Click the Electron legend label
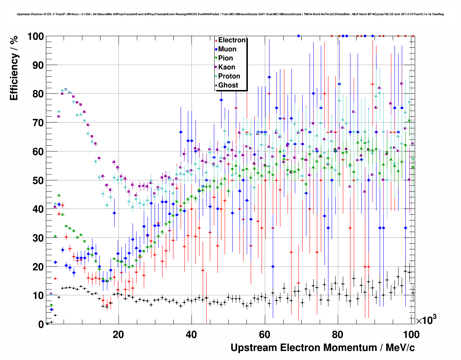(x=232, y=40)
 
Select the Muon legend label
(x=227, y=49)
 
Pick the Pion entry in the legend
(x=225, y=58)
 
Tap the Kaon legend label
(x=227, y=67)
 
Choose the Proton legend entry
(x=229, y=76)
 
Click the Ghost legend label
(x=228, y=85)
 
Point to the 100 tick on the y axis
(x=35, y=37)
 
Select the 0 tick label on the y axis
(x=41, y=325)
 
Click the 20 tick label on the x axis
(x=118, y=334)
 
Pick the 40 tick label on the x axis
(x=191, y=334)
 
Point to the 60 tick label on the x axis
(x=265, y=334)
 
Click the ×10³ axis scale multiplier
(x=426, y=320)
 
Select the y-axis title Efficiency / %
(x=14, y=68)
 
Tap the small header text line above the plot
(x=230, y=14)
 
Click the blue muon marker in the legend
(x=216, y=49)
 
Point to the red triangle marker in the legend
(x=216, y=40)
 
